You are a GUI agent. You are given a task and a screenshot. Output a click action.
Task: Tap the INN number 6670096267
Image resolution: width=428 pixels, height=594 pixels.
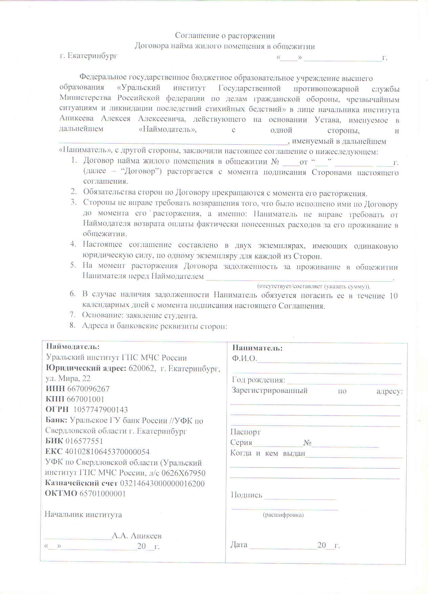pyautogui.click(x=88, y=389)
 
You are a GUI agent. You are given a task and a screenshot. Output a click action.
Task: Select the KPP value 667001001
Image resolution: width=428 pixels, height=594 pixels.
pyautogui.click(x=85, y=399)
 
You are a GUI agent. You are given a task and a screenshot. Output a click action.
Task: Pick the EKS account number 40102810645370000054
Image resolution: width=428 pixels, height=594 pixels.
pyautogui.click(x=107, y=452)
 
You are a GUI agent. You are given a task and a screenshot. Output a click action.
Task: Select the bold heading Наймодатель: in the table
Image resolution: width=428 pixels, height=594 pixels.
pyautogui.click(x=73, y=347)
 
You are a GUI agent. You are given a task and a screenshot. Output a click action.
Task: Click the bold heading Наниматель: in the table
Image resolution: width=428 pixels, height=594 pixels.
pyautogui.click(x=257, y=348)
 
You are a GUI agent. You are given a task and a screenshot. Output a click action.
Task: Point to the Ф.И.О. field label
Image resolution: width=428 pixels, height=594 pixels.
pyautogui.click(x=244, y=359)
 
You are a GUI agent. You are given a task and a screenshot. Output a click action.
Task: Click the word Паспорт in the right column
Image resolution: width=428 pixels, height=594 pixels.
pyautogui.click(x=245, y=432)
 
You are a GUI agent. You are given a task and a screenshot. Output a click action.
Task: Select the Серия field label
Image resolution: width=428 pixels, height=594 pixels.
pyautogui.click(x=241, y=443)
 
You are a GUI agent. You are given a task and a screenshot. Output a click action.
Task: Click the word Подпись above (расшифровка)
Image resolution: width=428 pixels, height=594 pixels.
pyautogui.click(x=247, y=495)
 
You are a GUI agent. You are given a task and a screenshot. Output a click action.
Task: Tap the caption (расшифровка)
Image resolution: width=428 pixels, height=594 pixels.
pyautogui.click(x=283, y=515)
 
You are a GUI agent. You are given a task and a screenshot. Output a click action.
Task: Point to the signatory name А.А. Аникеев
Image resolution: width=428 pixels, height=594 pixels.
pyautogui.click(x=137, y=536)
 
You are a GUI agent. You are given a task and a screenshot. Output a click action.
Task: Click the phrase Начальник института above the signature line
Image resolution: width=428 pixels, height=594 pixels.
pyautogui.click(x=83, y=514)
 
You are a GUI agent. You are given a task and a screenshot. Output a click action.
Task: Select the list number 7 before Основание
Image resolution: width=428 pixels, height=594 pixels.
pyautogui.click(x=72, y=315)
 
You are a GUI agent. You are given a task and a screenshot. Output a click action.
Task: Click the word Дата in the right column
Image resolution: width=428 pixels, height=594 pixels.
pyautogui.click(x=239, y=545)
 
